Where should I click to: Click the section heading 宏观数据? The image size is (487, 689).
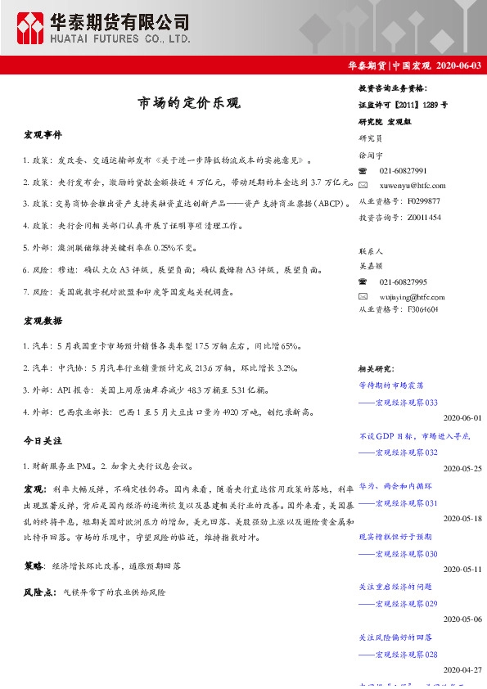42,320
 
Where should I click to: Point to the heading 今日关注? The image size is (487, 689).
42,440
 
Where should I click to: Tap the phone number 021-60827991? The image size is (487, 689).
403,170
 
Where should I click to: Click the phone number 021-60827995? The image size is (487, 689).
403,281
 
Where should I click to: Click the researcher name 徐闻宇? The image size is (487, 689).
370,154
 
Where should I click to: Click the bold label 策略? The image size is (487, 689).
34,565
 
